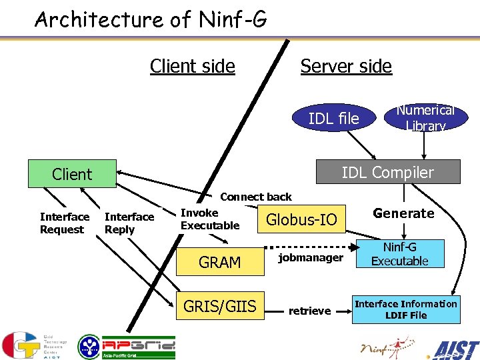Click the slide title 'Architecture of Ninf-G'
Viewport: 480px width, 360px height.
(x=151, y=19)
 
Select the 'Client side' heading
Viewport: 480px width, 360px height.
(x=192, y=66)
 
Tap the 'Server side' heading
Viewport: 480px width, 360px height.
(x=345, y=66)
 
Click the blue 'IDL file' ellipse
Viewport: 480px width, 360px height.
(x=333, y=119)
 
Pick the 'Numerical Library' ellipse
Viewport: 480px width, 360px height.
(x=425, y=118)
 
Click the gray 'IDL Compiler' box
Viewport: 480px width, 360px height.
(x=387, y=172)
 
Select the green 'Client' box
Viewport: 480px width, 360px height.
(x=72, y=174)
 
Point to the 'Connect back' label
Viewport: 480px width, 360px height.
(x=255, y=197)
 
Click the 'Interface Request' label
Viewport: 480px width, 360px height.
(x=64, y=223)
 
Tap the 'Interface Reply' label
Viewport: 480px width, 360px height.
(x=129, y=223)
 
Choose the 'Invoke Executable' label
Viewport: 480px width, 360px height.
(x=209, y=219)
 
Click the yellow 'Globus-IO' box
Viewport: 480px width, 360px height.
(x=301, y=219)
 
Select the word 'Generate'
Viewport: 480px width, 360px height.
(x=403, y=213)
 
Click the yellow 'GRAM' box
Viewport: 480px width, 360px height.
(x=219, y=262)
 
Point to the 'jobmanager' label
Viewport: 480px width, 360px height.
(x=311, y=257)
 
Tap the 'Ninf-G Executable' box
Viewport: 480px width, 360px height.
(x=399, y=254)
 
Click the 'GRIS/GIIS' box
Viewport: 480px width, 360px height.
(x=219, y=306)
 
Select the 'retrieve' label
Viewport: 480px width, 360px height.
(x=309, y=311)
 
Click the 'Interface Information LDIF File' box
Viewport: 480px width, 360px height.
(x=405, y=309)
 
